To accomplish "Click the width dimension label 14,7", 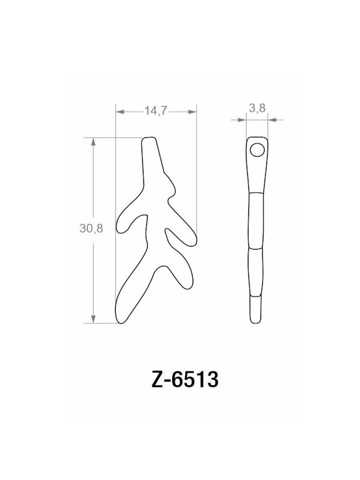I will coord(155,110).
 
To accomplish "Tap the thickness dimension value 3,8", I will coord(257,108).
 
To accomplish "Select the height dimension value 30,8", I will coord(91,229).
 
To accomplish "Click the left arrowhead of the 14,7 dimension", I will coord(118,112).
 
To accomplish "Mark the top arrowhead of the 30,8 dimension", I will coord(94,142).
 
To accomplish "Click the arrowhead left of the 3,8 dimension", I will coord(242,120).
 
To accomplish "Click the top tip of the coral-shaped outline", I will coord(149,139).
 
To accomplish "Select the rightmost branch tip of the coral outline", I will coord(191,239).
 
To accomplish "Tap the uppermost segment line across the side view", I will coord(256,193).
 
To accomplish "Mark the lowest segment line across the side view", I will coord(256,296).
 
